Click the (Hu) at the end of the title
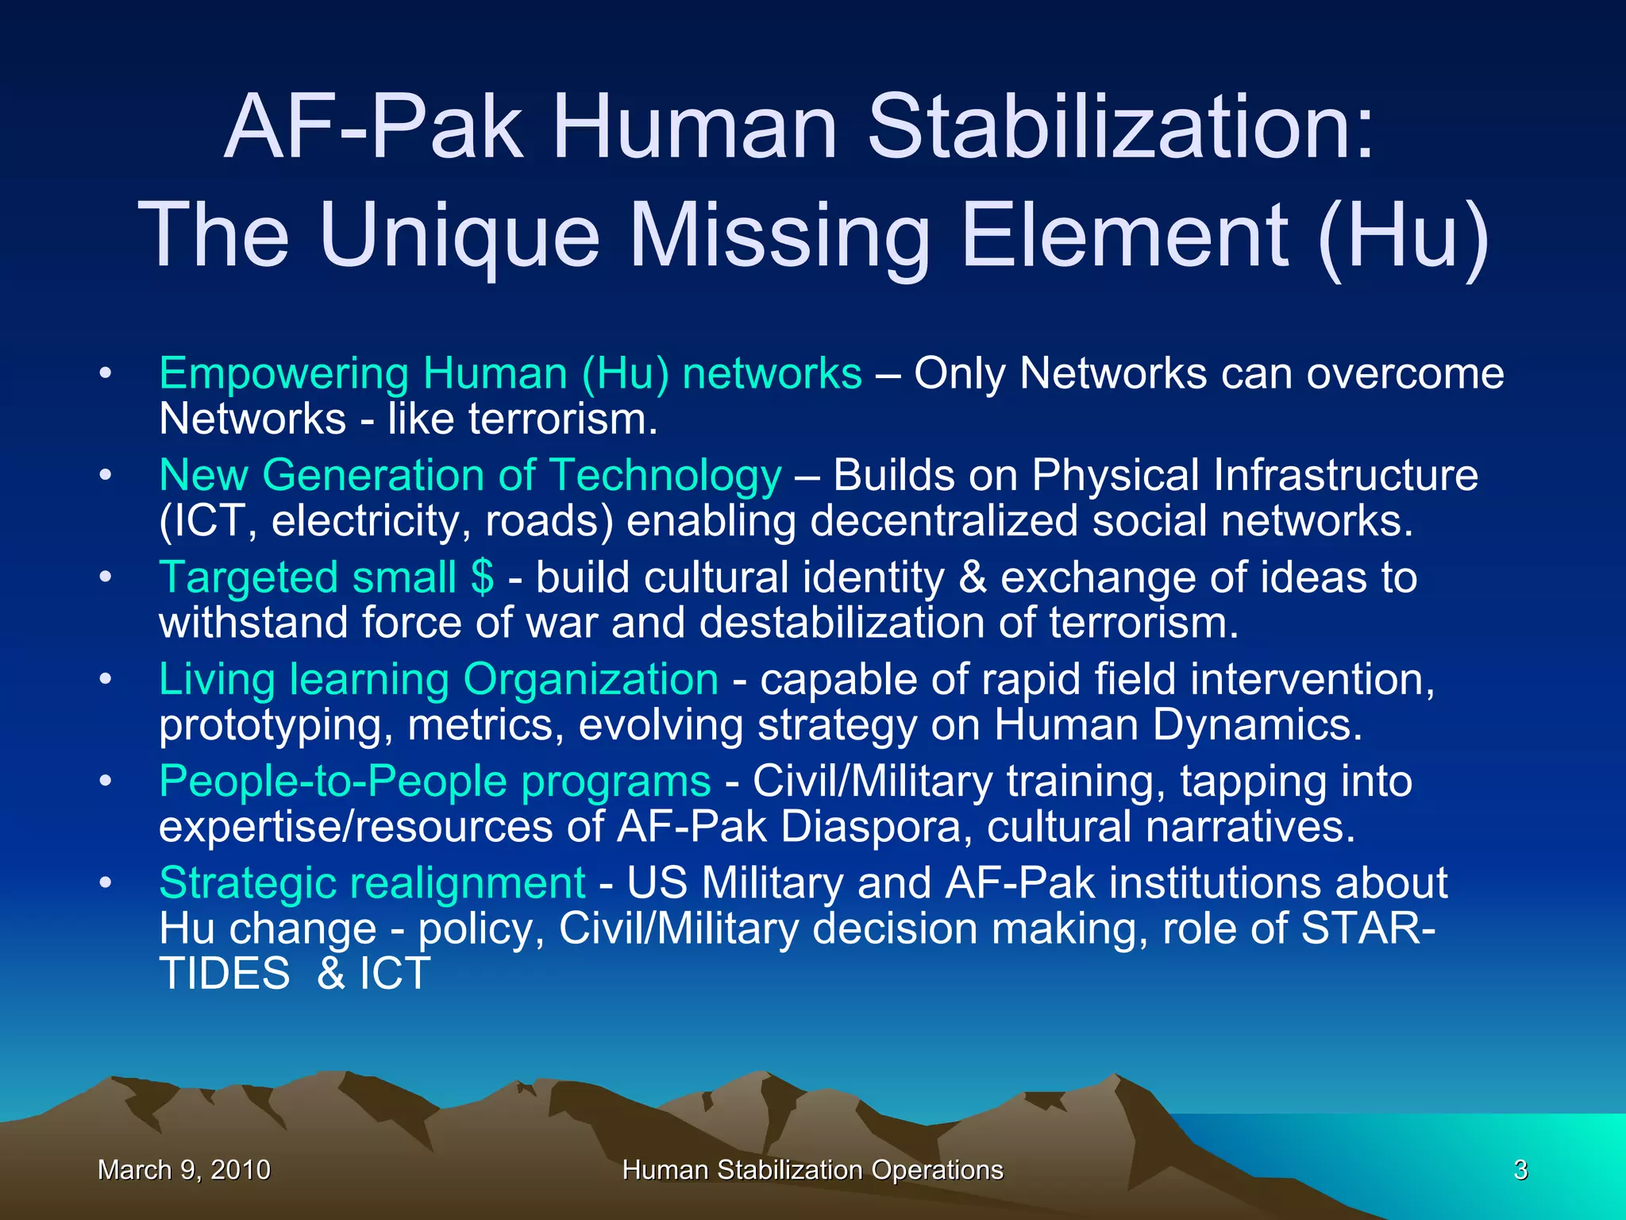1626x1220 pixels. point(1401,235)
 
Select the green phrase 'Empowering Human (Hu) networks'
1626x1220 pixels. point(510,373)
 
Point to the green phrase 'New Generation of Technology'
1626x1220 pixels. point(470,475)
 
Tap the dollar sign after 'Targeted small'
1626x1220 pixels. point(481,577)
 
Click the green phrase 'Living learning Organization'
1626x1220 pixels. point(438,679)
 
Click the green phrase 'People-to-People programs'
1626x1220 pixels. point(434,781)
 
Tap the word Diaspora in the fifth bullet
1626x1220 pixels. point(871,827)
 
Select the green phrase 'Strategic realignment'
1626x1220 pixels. point(372,882)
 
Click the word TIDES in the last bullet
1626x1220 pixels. point(225,974)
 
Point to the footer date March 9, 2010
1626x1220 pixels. point(183,1170)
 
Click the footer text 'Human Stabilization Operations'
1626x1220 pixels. point(812,1170)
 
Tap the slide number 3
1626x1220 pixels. point(1520,1170)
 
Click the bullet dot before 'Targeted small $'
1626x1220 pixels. point(106,577)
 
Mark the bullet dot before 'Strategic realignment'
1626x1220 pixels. point(106,883)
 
